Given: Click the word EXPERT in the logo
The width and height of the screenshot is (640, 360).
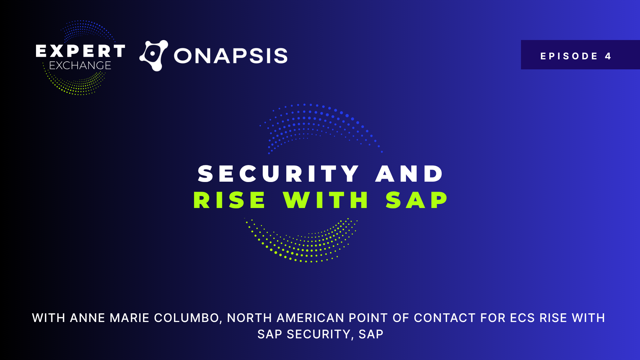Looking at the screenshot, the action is click(80, 51).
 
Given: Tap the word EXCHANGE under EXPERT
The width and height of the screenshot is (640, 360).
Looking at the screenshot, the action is click(80, 65).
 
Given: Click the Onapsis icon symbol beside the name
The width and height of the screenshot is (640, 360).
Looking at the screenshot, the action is click(154, 56).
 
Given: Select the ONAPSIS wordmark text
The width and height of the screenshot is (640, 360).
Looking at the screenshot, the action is click(231, 56).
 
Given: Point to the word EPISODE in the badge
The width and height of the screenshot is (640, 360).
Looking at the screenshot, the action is click(569, 56).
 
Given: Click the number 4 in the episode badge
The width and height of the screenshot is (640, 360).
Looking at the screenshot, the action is click(608, 56).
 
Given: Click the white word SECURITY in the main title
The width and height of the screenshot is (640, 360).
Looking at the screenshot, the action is click(278, 174).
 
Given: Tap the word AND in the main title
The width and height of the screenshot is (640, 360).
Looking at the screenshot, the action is click(409, 174).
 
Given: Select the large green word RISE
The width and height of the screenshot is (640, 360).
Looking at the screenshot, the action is click(229, 200).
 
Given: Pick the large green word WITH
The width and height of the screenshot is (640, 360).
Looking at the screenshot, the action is click(326, 200).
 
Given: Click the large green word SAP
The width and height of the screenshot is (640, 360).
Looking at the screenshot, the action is click(417, 200).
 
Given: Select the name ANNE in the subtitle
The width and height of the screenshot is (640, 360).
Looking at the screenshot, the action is click(88, 318).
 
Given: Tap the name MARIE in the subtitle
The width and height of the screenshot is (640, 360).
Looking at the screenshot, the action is click(130, 318).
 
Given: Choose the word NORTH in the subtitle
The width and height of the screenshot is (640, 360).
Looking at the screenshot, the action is click(250, 318).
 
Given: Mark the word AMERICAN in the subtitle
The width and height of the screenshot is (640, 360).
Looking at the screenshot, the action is click(311, 318).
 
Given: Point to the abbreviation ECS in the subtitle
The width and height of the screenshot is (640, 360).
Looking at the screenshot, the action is click(522, 318).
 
